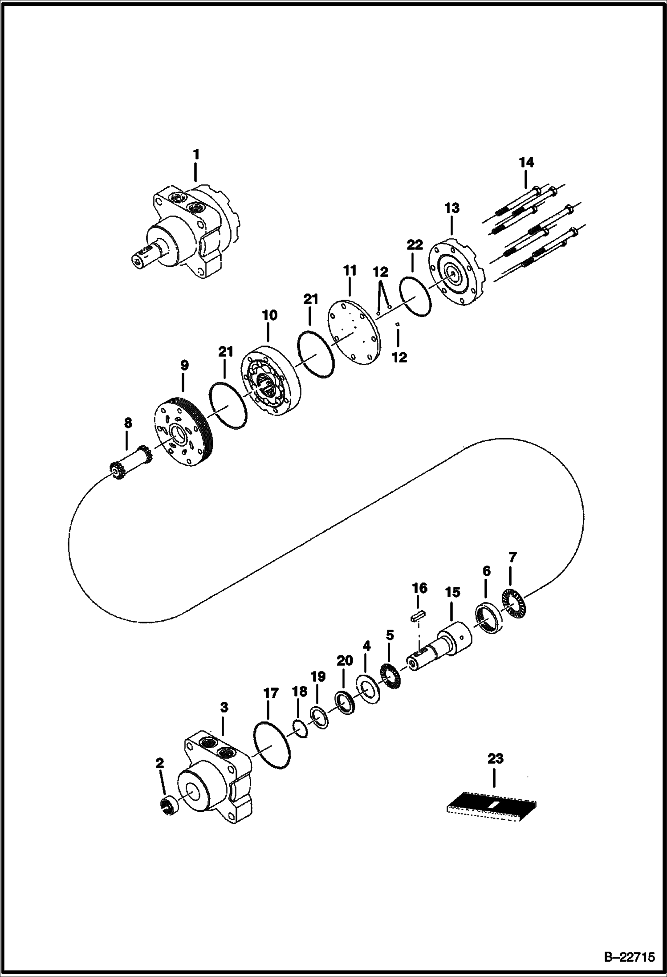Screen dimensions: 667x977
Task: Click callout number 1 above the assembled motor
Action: tap(196, 155)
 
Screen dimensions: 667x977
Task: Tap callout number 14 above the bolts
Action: tap(526, 163)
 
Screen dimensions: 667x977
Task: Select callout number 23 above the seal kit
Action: tap(495, 758)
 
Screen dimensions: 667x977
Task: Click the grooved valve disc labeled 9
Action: tap(185, 431)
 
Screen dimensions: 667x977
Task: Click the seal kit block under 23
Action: tap(491, 806)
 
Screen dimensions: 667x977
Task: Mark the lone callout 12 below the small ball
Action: tap(399, 357)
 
